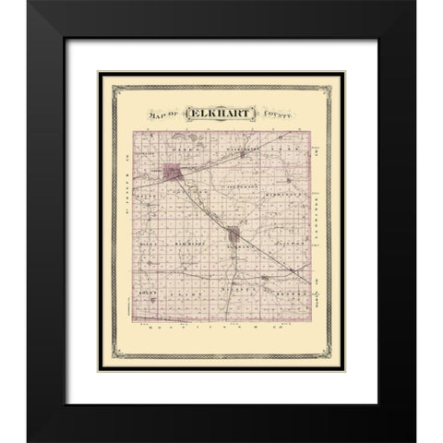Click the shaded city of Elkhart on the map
tap(173, 171)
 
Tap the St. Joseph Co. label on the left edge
tap(122, 184)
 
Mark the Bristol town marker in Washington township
tap(243, 155)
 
